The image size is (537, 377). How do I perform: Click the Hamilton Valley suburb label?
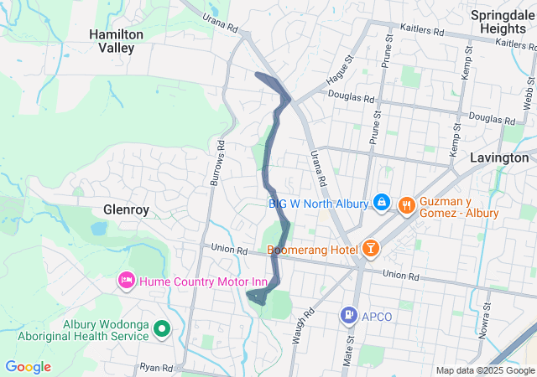point(117,41)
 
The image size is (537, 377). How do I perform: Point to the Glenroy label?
point(126,209)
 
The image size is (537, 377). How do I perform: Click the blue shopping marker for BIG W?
point(382,202)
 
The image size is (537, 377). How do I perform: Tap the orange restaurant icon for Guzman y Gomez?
point(406,204)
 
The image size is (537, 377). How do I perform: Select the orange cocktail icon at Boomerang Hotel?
point(370,248)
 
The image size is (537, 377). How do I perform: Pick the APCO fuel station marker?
point(348,315)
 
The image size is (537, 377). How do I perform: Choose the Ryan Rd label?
point(156,368)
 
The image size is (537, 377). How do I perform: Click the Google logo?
point(28,367)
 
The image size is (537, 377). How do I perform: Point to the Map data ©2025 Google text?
point(485,370)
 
